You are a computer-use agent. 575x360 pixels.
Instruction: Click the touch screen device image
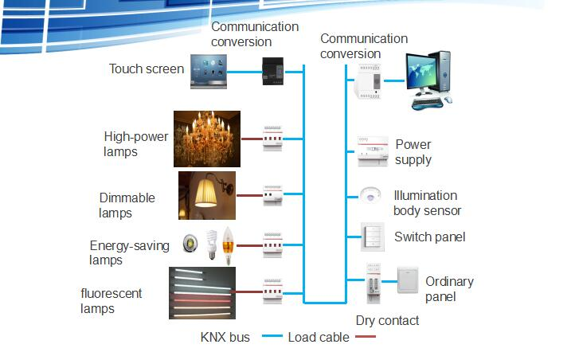(209, 72)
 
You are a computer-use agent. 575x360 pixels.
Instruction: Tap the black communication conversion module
(273, 72)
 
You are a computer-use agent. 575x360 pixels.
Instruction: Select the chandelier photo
(207, 139)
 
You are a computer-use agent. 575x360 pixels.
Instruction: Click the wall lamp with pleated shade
(207, 195)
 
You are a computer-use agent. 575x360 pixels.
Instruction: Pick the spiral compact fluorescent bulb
(211, 245)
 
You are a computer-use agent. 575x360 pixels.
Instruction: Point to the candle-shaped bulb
(228, 245)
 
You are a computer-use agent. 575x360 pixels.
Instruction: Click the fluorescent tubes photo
(202, 293)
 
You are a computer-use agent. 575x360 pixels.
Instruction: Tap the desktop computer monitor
(420, 73)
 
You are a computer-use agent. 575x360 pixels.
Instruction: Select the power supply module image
(373, 151)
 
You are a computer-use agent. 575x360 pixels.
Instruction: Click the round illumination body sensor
(370, 194)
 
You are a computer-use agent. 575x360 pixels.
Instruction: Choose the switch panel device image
(373, 237)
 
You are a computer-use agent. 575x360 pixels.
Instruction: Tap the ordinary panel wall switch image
(408, 280)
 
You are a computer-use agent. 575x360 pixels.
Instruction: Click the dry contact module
(374, 283)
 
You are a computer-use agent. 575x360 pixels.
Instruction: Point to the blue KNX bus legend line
(272, 336)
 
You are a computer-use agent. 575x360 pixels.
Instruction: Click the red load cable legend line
(366, 336)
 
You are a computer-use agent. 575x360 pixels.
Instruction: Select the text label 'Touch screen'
(147, 69)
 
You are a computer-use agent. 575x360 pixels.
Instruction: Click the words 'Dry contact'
(387, 321)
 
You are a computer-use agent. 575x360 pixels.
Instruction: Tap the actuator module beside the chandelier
(273, 139)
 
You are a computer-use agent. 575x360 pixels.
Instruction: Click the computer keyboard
(427, 104)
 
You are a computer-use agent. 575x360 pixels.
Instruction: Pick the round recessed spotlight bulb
(190, 243)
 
